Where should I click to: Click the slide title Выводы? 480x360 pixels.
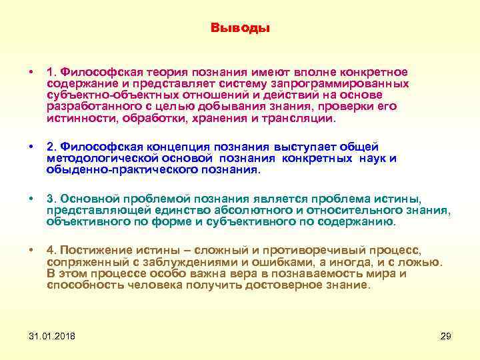click(240, 28)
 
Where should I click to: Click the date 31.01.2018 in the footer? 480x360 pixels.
click(52, 336)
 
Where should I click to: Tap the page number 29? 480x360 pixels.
click(446, 336)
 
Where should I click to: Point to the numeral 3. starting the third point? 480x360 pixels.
click(50, 198)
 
